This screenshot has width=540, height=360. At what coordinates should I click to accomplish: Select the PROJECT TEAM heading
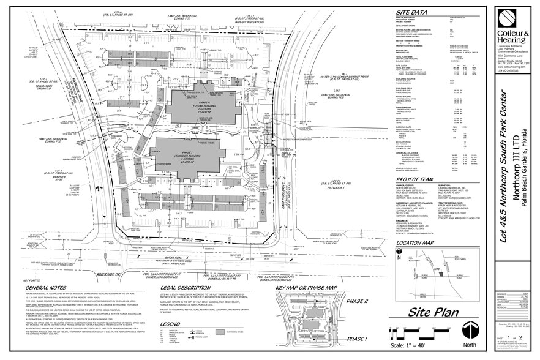pos(420,179)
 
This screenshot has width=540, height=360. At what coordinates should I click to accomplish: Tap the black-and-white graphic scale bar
pos(429,334)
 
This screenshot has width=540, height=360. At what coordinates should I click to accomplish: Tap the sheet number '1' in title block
pos(510,337)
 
